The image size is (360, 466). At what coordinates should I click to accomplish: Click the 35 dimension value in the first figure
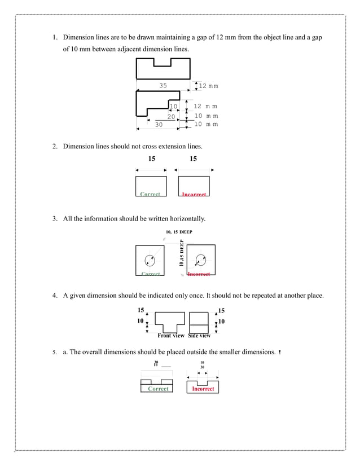click(x=163, y=86)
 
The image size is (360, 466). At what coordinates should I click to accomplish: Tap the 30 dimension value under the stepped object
click(x=159, y=125)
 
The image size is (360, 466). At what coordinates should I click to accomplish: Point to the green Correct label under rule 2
click(x=150, y=194)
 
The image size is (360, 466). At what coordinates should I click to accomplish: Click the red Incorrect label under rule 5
click(x=203, y=389)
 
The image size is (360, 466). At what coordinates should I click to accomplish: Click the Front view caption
click(x=171, y=336)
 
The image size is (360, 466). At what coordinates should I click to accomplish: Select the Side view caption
click(x=199, y=336)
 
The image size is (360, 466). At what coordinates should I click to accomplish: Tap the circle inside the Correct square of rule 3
click(x=150, y=260)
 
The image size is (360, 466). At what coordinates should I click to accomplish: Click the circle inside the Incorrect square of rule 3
click(x=200, y=260)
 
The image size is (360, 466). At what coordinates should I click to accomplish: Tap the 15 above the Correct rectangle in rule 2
click(x=152, y=159)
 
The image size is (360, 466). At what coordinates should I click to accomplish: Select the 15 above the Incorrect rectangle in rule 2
click(x=194, y=159)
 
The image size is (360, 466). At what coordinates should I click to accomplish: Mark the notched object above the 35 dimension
click(x=163, y=69)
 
